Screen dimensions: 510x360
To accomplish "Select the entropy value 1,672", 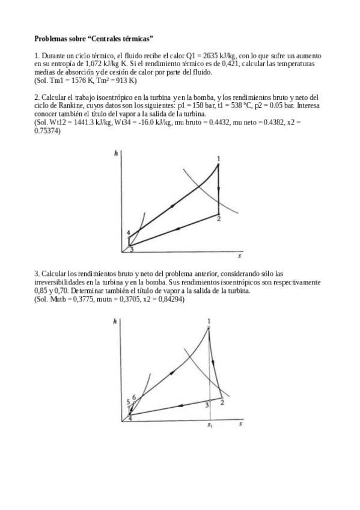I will click(92, 62).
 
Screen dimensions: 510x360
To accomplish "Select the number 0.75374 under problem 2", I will click(49, 130).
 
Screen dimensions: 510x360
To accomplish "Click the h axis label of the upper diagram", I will click(115, 153).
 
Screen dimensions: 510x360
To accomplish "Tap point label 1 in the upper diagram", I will click(219, 159).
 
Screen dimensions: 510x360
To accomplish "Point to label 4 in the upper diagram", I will click(129, 233).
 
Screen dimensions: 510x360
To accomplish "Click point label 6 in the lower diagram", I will click(134, 396).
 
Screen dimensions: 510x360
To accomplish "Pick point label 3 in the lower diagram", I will click(206, 405).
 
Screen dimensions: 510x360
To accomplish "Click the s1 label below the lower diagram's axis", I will click(210, 426).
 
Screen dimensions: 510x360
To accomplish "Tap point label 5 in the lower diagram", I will click(128, 402).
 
